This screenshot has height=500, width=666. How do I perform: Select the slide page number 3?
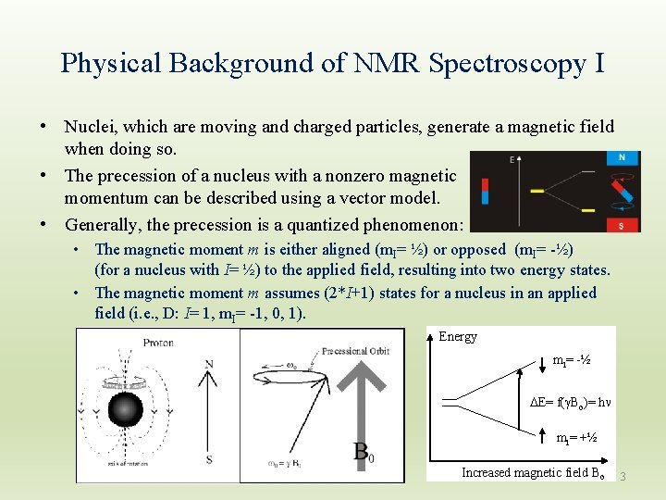point(623,476)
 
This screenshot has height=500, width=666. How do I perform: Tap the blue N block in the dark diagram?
point(623,158)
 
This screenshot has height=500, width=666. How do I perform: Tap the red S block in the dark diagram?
point(623,224)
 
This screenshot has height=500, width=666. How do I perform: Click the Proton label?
point(157,343)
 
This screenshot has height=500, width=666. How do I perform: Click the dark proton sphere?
point(125,410)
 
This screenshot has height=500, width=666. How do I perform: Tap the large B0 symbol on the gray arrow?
point(364,453)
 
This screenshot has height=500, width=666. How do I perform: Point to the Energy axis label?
point(458,337)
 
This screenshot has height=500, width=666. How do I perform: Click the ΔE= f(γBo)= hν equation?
point(562,402)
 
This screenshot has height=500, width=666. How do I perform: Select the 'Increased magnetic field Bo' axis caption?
point(533,472)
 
